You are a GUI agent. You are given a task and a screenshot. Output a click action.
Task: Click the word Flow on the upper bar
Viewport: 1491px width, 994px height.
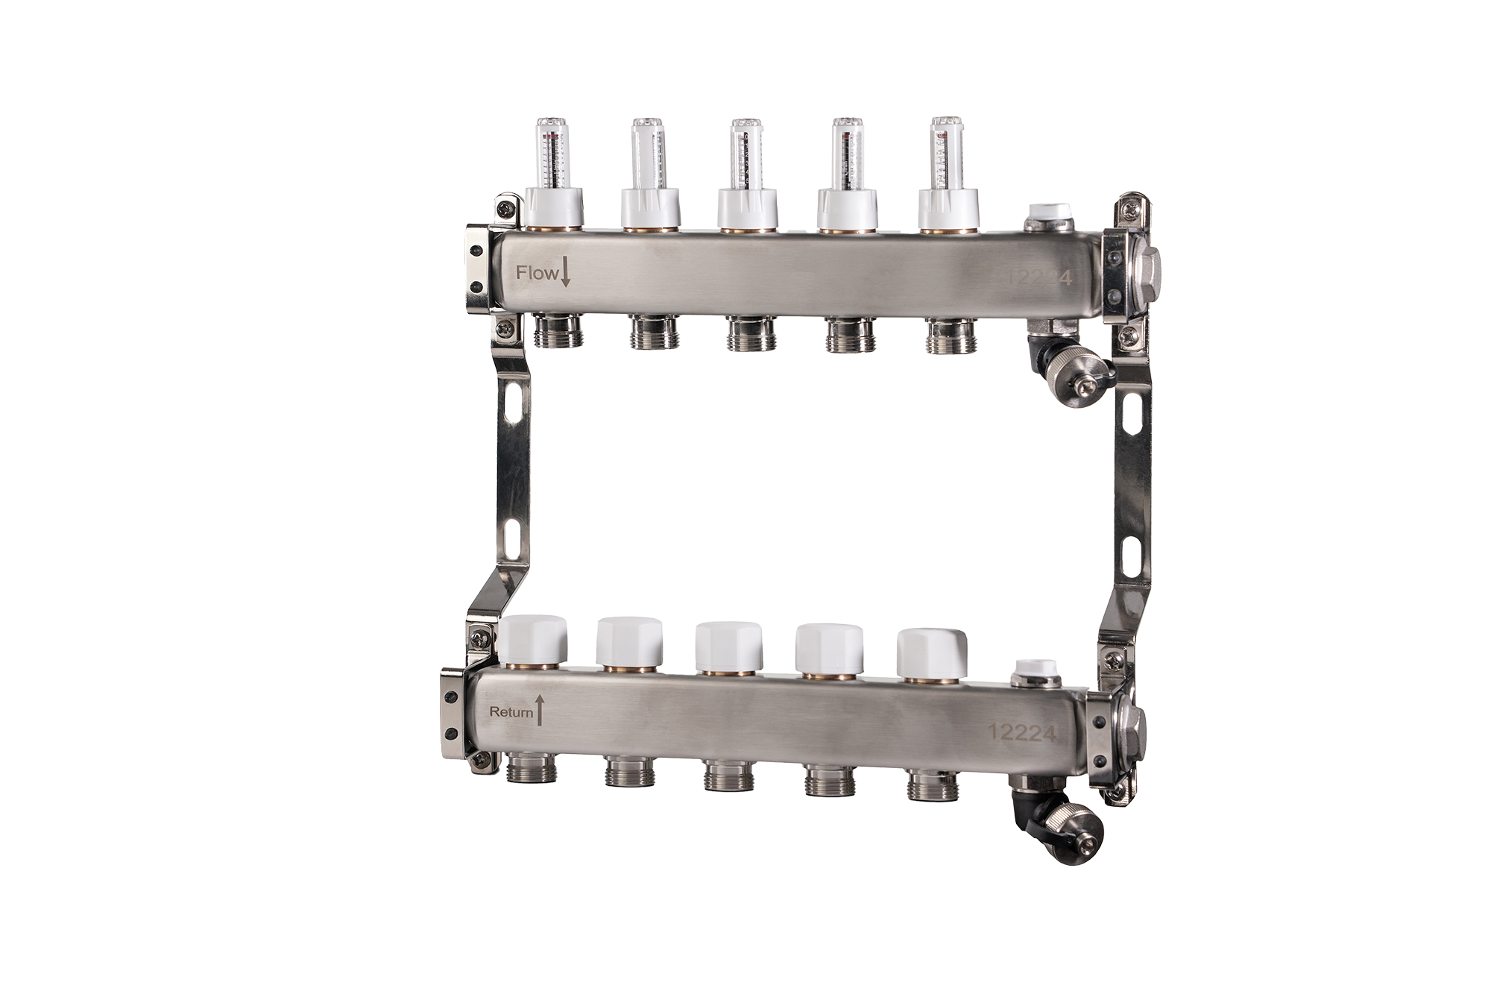click(536, 273)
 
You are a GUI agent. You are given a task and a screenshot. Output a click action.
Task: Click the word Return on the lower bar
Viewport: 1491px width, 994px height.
click(511, 711)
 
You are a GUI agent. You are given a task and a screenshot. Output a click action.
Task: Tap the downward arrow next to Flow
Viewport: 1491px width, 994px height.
click(565, 272)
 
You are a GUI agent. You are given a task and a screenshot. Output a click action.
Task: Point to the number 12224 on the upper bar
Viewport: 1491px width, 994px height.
click(1038, 278)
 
